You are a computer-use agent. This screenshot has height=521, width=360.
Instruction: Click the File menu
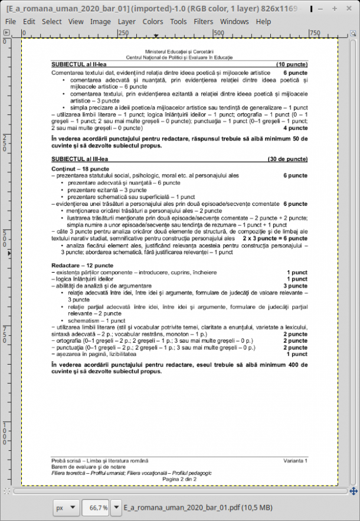pos(10,21)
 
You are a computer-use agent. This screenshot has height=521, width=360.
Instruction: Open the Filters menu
pos(204,21)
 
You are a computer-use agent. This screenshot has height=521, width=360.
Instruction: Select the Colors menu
pos(153,21)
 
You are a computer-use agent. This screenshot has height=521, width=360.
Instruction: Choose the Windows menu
pos(234,21)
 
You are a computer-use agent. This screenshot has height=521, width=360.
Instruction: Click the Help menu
pos(264,21)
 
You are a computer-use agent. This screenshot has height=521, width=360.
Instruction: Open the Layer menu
pos(126,21)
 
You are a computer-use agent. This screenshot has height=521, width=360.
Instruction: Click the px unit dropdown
pos(66,507)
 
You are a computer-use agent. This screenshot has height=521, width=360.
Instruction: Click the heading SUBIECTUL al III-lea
pos(80,159)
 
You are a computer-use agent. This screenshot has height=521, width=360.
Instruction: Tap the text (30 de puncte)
pos(287,159)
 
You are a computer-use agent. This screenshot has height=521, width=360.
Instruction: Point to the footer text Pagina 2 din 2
pos(179,479)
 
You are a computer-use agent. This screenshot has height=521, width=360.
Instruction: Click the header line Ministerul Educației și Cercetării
pos(179,53)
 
